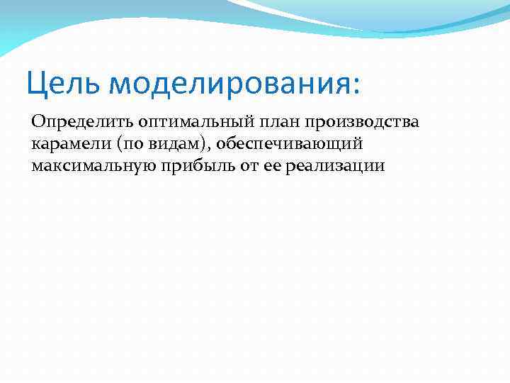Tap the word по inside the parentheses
click(x=137, y=144)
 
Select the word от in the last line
click(x=232, y=167)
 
